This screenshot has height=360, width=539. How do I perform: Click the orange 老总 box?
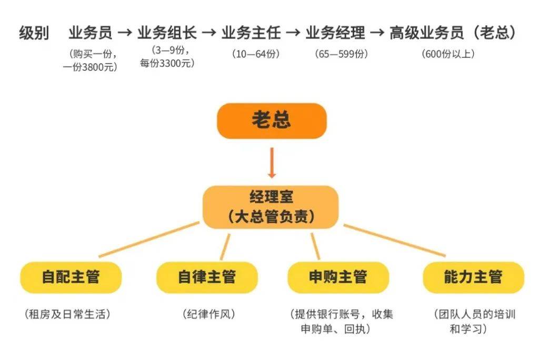pos(272,121)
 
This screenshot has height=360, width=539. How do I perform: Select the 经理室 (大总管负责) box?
pos(271,207)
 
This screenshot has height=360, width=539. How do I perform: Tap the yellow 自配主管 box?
pos(71,277)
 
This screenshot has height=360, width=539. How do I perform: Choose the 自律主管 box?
pos(207,277)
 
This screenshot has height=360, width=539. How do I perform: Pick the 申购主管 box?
pos(338,277)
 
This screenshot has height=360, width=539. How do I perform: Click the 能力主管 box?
pos(473,277)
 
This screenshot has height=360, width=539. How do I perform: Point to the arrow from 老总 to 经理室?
pos(272,162)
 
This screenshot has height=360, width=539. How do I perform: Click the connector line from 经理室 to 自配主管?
pos(149,239)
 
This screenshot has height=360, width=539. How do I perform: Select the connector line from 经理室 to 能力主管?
pos(395,240)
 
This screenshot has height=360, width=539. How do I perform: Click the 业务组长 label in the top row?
pos(167,33)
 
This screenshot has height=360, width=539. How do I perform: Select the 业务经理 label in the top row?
pos(335,33)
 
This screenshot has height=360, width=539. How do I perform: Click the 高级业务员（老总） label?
pos(452,33)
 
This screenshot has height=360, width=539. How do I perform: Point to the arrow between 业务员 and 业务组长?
pos(125,33)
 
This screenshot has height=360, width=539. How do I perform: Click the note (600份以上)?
pos(448,54)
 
